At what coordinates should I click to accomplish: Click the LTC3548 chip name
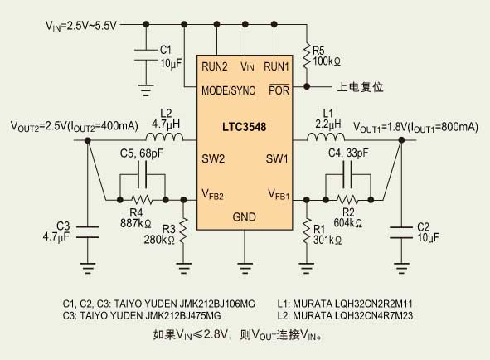244,127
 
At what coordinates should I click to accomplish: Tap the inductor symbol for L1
326,137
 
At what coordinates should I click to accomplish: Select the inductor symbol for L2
164,137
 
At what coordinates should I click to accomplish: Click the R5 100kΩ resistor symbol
307,56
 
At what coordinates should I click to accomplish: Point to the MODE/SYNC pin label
229,90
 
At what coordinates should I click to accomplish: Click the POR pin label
279,90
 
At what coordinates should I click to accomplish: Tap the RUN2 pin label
215,66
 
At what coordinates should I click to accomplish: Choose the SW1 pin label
277,159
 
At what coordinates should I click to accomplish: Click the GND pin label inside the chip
244,217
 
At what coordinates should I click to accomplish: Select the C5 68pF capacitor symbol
142,175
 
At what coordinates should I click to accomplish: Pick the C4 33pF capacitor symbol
347,175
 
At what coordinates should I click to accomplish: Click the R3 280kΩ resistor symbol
183,231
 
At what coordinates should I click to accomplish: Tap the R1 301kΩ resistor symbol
306,231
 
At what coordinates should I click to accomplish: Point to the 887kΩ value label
136,224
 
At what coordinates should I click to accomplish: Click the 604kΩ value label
348,223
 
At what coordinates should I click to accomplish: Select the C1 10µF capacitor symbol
146,55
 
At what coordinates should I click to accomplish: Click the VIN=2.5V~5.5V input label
81,26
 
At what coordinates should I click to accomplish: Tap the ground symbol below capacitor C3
88,269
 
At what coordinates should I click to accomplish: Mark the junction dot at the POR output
307,86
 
